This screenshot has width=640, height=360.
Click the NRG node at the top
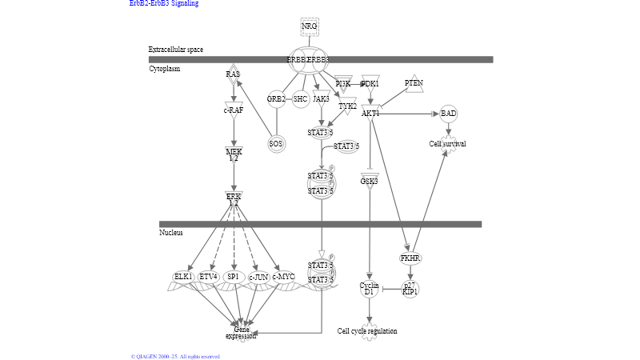(x=310, y=26)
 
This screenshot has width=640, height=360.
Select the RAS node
(x=233, y=74)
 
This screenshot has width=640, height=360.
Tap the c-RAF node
(x=234, y=110)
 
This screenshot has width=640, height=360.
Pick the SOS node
(x=276, y=144)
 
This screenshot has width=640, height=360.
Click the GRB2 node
(x=276, y=99)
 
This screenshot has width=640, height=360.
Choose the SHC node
(x=300, y=99)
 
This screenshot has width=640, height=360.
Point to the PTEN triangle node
(x=414, y=83)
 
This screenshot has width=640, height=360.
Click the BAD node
(x=449, y=114)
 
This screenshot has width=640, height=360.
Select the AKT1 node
(x=370, y=114)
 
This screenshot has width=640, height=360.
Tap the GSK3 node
(x=369, y=182)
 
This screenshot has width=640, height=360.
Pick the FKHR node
(x=410, y=258)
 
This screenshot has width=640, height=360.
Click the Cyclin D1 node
(x=369, y=289)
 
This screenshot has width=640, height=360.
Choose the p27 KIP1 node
(x=410, y=289)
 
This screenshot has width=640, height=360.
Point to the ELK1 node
(x=183, y=277)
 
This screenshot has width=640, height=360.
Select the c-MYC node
(x=283, y=277)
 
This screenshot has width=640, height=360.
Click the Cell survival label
(x=447, y=144)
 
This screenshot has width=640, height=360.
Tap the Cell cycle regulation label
(x=367, y=331)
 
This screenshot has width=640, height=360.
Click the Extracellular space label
(x=176, y=50)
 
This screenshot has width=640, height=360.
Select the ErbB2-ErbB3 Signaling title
(x=164, y=3)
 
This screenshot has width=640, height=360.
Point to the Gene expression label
(x=241, y=333)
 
